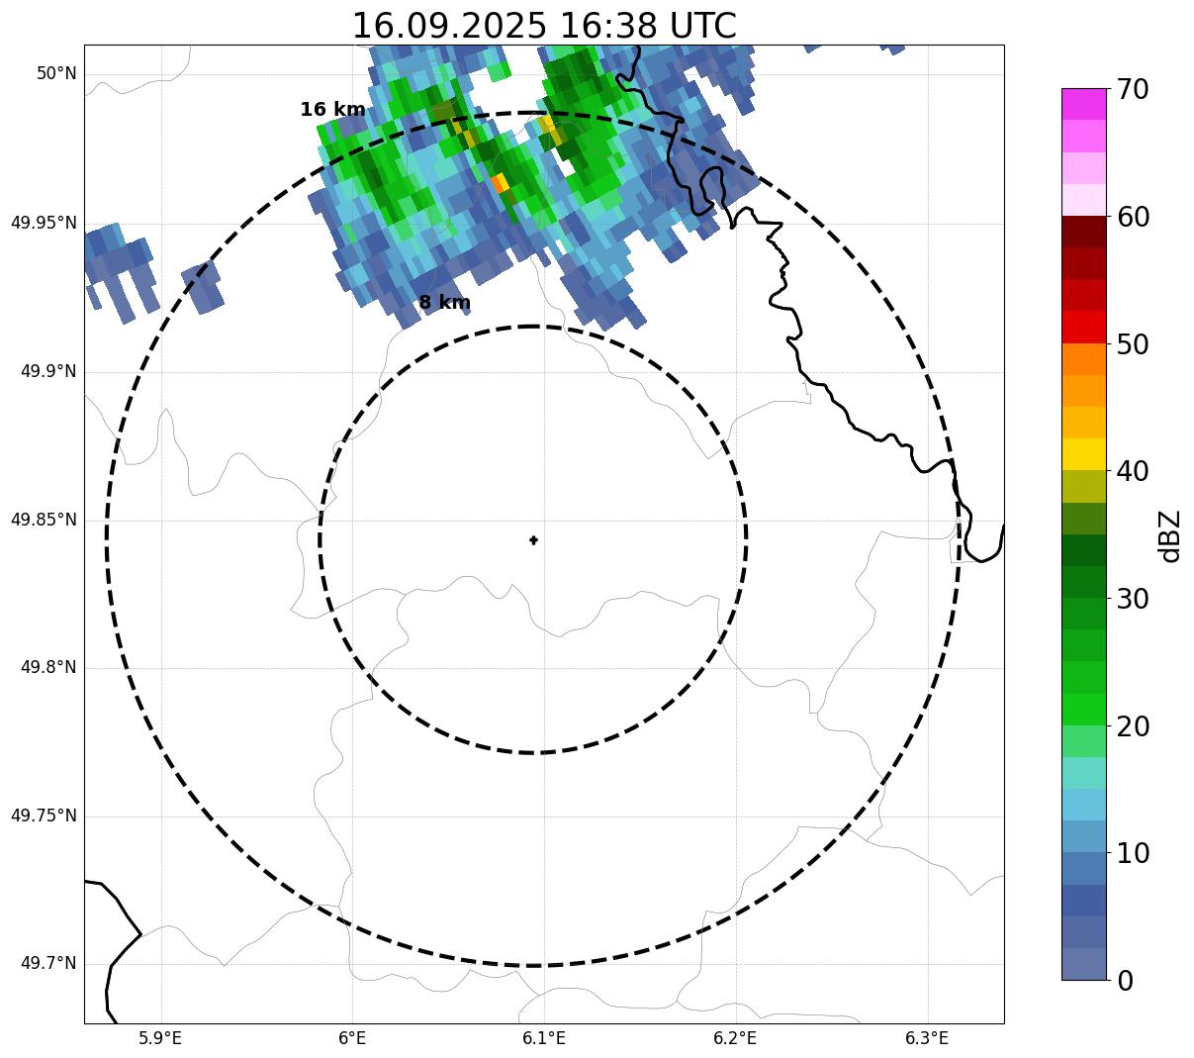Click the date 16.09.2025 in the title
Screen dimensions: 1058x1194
coord(448,26)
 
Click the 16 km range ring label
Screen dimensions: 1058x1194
coord(332,110)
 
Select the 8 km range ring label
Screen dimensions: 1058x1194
coord(444,303)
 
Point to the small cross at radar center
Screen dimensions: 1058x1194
coord(533,539)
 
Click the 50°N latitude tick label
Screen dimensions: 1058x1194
coord(56,74)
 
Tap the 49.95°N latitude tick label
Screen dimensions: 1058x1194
coord(44,223)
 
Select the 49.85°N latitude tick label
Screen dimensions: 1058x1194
coord(44,520)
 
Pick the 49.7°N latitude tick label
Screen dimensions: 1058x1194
coord(48,964)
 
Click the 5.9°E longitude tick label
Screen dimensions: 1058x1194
coord(160,1038)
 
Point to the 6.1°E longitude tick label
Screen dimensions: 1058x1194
coord(544,1038)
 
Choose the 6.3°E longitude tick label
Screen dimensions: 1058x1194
coord(927,1038)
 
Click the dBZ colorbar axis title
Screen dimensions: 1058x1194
coord(1170,535)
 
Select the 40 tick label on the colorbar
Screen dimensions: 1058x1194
coord(1133,471)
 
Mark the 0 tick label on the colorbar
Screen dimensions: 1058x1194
coord(1125,981)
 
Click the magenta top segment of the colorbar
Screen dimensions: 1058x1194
coord(1083,104)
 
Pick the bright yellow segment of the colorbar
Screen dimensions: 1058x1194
coord(1083,454)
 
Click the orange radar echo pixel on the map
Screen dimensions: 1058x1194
coord(499,183)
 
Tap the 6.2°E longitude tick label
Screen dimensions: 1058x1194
coord(735,1038)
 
